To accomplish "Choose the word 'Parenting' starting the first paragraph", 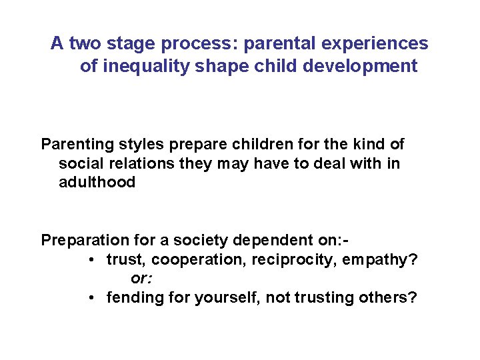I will [x=75, y=144].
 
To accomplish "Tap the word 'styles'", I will [x=135, y=144].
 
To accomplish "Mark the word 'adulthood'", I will [x=97, y=182].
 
